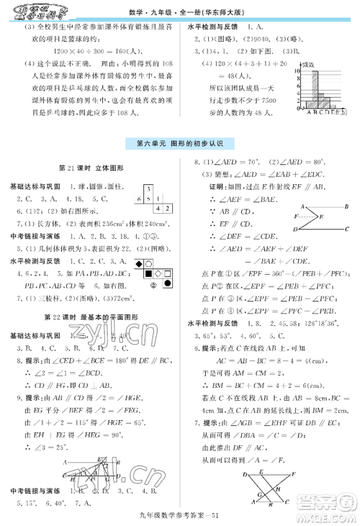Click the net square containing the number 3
tap(149, 189)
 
